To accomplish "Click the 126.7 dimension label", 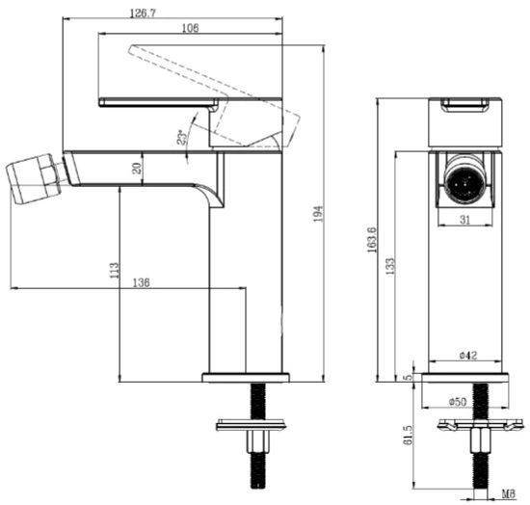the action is click(143, 13).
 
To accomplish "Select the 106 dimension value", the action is click(190, 28).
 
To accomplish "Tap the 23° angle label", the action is click(182, 137).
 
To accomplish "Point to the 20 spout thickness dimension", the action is click(137, 168).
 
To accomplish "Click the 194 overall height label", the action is click(318, 214).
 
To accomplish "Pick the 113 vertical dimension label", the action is click(115, 271).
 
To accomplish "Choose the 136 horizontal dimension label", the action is click(141, 282).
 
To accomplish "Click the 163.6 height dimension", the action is click(371, 240).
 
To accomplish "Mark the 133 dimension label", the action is click(390, 266).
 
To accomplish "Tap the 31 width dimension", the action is click(465, 220).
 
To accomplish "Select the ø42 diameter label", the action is click(468, 356).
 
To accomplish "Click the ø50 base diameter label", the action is click(458, 402).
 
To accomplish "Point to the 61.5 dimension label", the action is click(408, 435).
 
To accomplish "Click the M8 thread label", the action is click(509, 494).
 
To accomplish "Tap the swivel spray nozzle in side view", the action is click(34, 178).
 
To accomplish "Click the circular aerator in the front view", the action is click(464, 179).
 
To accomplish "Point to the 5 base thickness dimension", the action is click(409, 377).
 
